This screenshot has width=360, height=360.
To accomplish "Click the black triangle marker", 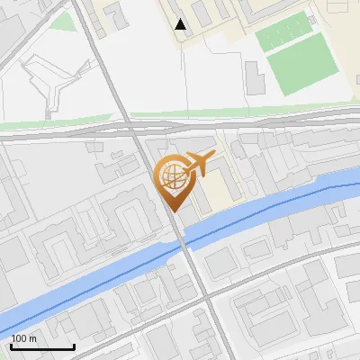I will point(182,24).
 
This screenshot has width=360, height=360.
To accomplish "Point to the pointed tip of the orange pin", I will point(172,211).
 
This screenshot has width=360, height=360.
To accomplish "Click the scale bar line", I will point(42,347).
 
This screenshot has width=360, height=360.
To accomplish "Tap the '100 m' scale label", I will point(24,338).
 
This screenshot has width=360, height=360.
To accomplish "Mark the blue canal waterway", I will point(90,279).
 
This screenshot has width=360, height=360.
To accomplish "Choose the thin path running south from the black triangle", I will point(184,72).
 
